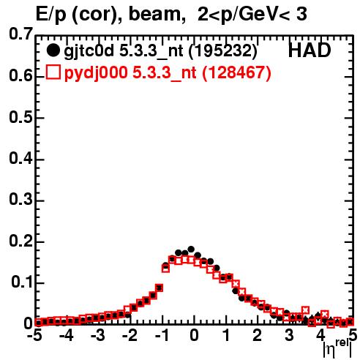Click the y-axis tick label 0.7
click(x=20, y=34)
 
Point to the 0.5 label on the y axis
click(x=20, y=118)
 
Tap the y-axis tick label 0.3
click(x=20, y=200)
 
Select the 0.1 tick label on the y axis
click(x=21, y=282)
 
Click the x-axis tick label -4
click(x=66, y=336)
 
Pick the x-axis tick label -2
click(x=130, y=336)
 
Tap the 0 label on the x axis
click(x=194, y=336)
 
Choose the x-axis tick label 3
click(x=289, y=336)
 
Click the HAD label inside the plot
click(x=310, y=50)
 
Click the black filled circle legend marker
click(x=53, y=50)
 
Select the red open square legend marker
click(x=53, y=72)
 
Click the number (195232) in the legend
click(x=222, y=51)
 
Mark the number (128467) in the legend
click(x=236, y=73)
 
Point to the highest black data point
click(x=191, y=249)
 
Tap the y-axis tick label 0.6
click(x=20, y=76)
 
